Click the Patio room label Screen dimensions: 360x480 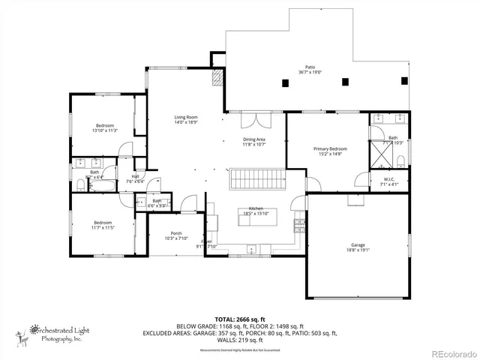(310, 66)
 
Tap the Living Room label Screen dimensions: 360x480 (186, 117)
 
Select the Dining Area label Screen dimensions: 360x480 (253, 139)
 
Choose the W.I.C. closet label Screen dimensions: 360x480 (389, 178)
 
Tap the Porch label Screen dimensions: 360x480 (177, 232)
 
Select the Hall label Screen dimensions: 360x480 (135, 176)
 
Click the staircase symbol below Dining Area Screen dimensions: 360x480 (254, 180)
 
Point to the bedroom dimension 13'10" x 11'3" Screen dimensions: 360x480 (104, 130)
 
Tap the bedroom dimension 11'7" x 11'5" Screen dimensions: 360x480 (103, 226)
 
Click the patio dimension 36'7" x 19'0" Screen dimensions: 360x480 (310, 72)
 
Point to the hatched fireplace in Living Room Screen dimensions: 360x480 (218, 78)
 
